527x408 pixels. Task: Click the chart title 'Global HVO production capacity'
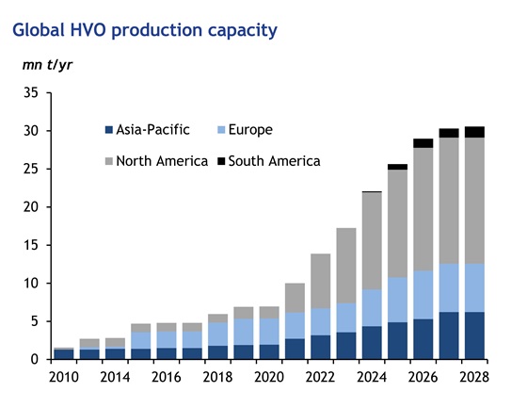[x=144, y=30]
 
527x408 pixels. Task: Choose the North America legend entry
[x=154, y=160]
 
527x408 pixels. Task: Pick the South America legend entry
[x=272, y=160]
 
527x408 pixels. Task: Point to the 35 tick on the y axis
[x=30, y=93]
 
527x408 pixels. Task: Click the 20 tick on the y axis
[x=30, y=207]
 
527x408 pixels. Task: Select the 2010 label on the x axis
[x=65, y=377]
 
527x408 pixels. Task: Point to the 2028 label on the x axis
[x=474, y=377]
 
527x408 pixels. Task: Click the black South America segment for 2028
[x=474, y=132]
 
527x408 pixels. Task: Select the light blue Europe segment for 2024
[x=372, y=307]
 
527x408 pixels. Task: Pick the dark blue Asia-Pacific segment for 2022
[x=321, y=347]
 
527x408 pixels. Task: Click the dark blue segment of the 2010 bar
[x=65, y=354]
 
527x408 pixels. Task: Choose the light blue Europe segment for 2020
[x=269, y=331]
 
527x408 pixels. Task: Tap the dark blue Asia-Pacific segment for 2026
[x=423, y=338]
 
